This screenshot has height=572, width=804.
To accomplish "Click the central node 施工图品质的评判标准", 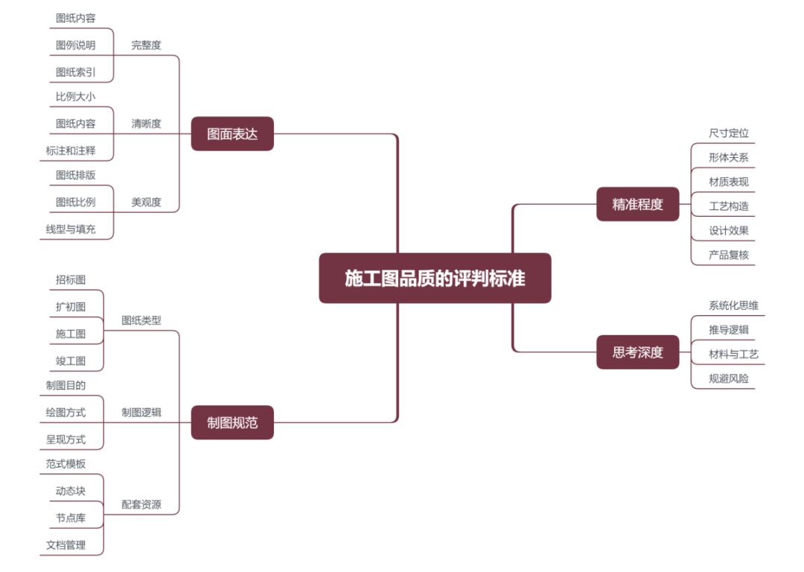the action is point(435,278).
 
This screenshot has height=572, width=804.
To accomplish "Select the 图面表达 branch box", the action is point(232,134).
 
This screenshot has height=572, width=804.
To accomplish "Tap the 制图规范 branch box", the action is point(232,422).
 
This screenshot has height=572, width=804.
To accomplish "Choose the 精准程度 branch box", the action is point(637,204).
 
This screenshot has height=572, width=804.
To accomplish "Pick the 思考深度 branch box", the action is point(637,352).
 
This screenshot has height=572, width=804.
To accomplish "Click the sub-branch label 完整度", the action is point(146,45).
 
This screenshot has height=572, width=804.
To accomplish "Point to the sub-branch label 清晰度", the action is point(146,124).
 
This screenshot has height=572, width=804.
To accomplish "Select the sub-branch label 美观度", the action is point(146,202).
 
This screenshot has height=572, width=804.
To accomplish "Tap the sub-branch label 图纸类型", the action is point(141,320).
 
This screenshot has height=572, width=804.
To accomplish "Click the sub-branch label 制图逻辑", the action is point(141,412).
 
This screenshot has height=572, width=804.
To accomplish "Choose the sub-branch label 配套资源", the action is point(141,504).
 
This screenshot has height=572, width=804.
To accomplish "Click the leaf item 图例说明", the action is point(75,45).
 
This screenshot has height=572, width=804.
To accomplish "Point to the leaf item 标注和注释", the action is point(70,150).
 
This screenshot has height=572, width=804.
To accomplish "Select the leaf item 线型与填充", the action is point(70,229).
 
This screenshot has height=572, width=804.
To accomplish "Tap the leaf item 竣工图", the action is point(71,360).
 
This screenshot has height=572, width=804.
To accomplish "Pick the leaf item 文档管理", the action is point(66,544).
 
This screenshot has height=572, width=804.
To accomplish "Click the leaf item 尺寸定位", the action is point(729,133).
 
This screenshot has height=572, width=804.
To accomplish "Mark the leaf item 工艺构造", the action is point(729,206).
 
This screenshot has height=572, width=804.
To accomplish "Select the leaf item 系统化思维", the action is point(733,305).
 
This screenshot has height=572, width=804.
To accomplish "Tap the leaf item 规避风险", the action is point(729,378).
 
